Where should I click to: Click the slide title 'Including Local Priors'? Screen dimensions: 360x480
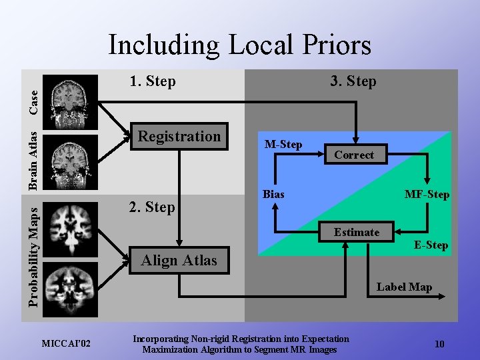(239, 45)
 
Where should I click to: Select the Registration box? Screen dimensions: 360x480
(179, 137)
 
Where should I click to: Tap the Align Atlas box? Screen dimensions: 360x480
(179, 261)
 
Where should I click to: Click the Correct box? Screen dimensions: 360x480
(353, 155)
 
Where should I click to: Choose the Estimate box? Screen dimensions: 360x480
(357, 232)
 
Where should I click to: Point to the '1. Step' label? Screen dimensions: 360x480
(153, 81)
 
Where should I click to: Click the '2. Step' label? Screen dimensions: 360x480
(152, 207)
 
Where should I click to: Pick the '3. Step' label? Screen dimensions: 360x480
(353, 81)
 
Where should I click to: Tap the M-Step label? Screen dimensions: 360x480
(283, 144)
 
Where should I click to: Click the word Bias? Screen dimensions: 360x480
(273, 194)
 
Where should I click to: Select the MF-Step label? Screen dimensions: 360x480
(427, 195)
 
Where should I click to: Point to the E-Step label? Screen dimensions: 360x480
(431, 245)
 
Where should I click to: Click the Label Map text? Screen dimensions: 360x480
(404, 287)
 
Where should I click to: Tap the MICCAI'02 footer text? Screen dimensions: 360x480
(67, 343)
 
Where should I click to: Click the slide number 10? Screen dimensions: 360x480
(439, 344)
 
